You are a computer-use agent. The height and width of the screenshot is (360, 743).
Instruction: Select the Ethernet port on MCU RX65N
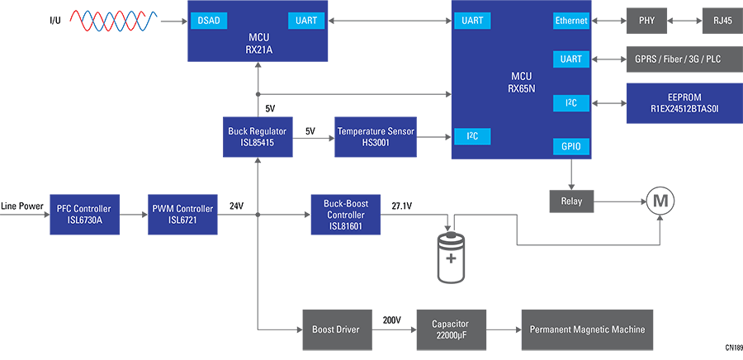coord(571,20)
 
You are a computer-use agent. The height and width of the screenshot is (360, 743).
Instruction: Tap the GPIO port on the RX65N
coord(571,146)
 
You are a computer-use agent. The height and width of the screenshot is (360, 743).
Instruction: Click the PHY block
coord(646,20)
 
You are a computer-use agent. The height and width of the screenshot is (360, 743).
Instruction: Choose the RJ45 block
coord(716,20)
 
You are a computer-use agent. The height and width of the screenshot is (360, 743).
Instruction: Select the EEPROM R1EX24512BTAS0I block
coord(684,102)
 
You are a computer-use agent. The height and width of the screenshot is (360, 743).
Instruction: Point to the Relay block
coord(571,201)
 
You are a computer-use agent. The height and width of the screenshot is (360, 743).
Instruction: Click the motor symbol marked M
coord(660,201)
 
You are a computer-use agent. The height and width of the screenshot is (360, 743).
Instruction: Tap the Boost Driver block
coord(335,329)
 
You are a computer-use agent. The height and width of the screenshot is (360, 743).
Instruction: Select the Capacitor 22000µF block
coord(452,329)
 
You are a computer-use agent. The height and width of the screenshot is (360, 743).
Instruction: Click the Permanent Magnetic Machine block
coord(586,329)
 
